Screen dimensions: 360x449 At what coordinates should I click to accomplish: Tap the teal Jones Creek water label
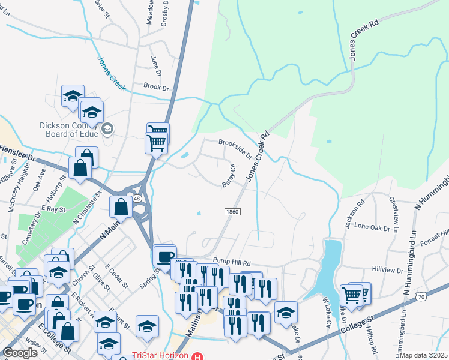tap(112, 74)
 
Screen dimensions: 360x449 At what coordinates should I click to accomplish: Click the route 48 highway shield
tap(137, 198)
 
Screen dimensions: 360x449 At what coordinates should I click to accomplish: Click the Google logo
tap(20, 353)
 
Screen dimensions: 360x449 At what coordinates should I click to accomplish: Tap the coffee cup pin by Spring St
tap(165, 257)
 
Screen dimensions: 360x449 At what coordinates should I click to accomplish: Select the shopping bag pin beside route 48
tap(121, 207)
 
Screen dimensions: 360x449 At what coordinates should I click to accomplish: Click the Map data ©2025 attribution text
tap(423, 355)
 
